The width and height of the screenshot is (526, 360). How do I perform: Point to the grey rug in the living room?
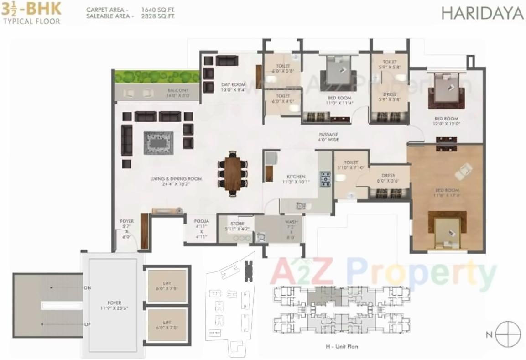click(x=158, y=143)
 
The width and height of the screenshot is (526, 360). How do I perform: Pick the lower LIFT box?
click(x=167, y=324)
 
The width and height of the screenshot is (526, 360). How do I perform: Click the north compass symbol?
click(x=508, y=334)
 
